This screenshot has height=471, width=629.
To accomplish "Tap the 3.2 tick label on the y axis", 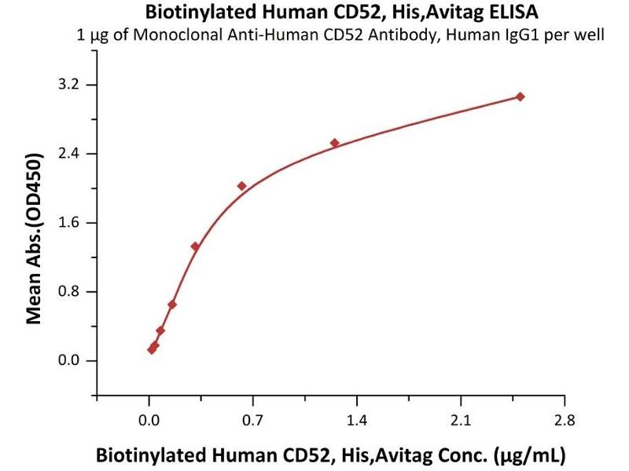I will tap(73, 85).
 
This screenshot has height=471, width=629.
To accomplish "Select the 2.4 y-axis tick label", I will tap(73, 154).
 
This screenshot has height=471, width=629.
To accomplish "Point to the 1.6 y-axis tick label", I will tap(73, 223).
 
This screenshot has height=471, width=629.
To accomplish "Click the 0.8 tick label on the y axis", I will tap(73, 292).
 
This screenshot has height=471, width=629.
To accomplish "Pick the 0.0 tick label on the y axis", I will tap(73, 361).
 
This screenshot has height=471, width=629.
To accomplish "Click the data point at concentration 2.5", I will tap(520, 97).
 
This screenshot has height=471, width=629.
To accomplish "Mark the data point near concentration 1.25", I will tap(334, 143).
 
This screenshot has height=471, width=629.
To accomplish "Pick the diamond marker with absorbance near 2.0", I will tap(241, 186).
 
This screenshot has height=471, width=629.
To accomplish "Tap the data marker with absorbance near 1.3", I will tap(195, 246).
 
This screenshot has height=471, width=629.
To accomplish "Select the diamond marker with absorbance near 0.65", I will tap(172, 305).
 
